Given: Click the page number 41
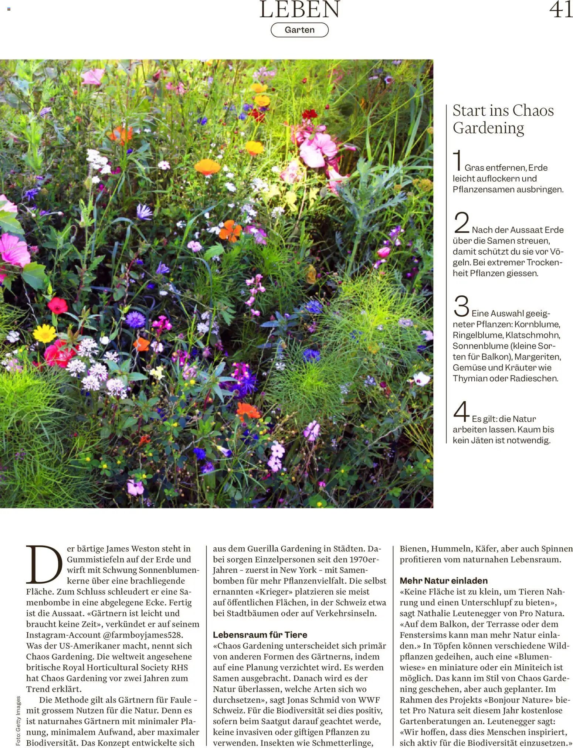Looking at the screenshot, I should [x=560, y=10].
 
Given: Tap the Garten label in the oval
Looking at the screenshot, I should [x=299, y=30].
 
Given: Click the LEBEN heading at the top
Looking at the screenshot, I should [x=299, y=10].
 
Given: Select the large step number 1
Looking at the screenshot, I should [x=458, y=160].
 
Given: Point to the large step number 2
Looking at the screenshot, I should [x=461, y=222].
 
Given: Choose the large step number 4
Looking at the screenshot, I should [x=461, y=412].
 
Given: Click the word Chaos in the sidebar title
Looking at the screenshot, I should [x=533, y=110].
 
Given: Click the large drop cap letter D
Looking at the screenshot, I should [x=44, y=564].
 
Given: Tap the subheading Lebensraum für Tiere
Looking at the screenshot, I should [x=260, y=635].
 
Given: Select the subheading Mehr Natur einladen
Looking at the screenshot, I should [x=444, y=581].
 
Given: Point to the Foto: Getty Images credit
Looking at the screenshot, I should [x=18, y=720].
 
